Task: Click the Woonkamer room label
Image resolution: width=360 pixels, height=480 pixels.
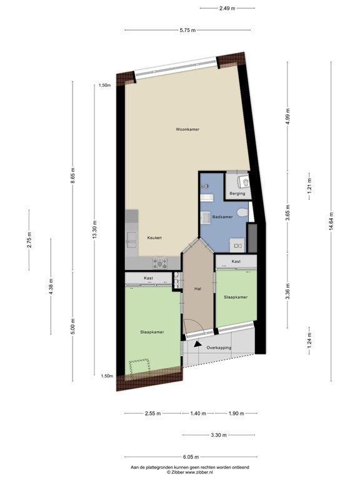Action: tap(187, 129)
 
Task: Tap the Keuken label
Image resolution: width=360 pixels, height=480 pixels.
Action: tap(154, 237)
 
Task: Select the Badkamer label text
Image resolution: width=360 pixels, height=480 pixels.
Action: tap(222, 217)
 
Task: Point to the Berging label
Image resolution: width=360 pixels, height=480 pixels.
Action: tap(237, 194)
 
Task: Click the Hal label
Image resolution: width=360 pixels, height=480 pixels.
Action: tap(197, 288)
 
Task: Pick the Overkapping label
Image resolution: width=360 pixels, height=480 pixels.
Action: tap(219, 347)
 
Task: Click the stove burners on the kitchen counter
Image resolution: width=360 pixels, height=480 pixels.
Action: tap(160, 263)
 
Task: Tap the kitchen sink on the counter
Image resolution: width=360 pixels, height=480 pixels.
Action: tap(132, 240)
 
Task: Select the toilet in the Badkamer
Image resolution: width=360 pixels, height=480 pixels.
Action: tap(242, 212)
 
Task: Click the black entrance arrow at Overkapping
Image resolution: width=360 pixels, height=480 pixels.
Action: tap(198, 344)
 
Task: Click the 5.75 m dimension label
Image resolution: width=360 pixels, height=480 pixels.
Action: tap(187, 30)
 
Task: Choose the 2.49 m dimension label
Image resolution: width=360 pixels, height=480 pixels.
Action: tap(227, 9)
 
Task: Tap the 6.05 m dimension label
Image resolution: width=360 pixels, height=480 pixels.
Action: tap(191, 457)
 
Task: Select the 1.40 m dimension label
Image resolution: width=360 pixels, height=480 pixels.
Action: tap(198, 413)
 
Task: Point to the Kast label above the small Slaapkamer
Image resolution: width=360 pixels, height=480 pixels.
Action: tap(236, 261)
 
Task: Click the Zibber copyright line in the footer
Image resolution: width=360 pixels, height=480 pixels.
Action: tap(190, 472)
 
